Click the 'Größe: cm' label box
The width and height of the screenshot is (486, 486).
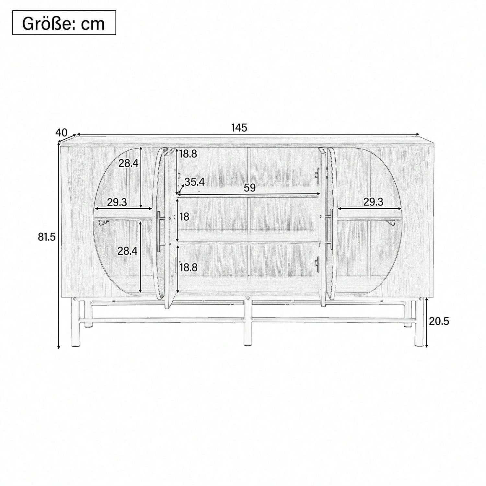coord(64,23)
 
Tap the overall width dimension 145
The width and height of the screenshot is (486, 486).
coord(239,128)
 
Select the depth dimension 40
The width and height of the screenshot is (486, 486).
coord(62,133)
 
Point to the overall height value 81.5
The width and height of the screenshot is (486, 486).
coord(47,237)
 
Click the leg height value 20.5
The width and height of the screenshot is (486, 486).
coord(439,321)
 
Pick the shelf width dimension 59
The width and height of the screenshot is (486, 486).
coord(250,188)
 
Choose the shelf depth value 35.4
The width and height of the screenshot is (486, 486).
coord(195,182)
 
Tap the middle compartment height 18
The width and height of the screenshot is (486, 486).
coord(184,216)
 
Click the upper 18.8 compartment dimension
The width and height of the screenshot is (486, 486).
coord(188,154)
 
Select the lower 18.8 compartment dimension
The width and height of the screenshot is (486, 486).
coord(188,267)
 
